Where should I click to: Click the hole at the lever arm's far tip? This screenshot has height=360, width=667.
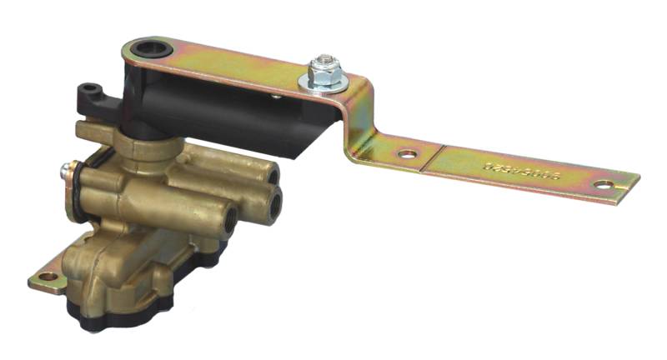pos(602,183)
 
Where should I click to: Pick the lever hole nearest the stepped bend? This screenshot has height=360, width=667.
pos(406,154)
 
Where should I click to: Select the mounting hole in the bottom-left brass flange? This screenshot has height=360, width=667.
pos(47,277)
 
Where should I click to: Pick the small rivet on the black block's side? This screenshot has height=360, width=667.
pos(276,97)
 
